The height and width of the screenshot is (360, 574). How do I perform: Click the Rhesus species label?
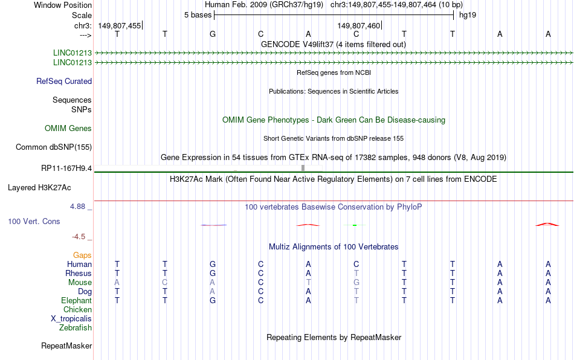coord(79,273)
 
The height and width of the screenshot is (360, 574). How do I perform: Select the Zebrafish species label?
coord(76,327)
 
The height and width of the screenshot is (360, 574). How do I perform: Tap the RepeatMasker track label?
coord(66,346)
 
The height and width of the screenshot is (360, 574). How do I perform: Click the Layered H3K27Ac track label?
coord(39,188)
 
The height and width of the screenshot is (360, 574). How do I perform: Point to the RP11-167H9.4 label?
coord(66,169)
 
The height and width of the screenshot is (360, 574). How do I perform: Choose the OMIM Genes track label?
coord(68,129)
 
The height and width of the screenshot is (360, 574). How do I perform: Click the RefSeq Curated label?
coord(64,81)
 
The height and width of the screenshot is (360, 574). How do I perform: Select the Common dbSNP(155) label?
coord(54,147)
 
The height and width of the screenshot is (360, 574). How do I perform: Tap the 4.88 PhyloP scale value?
coord(77,207)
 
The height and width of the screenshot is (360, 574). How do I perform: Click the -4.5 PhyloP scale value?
coord(79,237)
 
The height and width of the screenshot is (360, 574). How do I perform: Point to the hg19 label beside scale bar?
coord(468,15)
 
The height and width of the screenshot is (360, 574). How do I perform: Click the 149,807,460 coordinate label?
coord(359,25)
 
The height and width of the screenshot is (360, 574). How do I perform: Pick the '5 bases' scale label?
coord(198,15)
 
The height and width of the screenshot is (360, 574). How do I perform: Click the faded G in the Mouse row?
coord(356,283)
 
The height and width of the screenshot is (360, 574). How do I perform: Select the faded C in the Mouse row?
coord(165,283)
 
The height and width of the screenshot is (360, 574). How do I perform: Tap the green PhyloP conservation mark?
coord(354,225)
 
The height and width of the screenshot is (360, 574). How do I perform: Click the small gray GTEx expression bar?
coord(303,168)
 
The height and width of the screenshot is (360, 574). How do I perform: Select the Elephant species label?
coord(77,300)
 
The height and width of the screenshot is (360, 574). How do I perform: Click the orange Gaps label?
coord(82,255)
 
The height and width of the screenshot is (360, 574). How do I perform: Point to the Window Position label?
coord(63,5)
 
